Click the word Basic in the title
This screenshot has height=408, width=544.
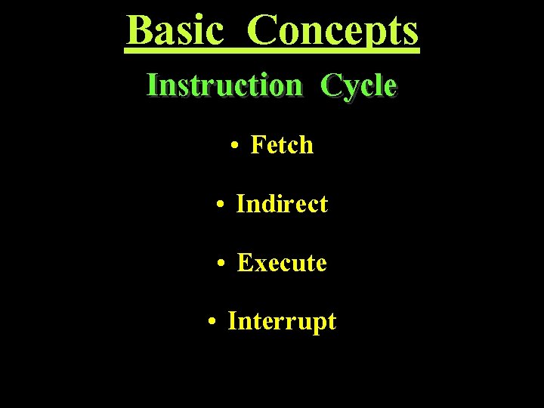[x=175, y=30]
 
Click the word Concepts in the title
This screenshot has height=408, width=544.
[x=332, y=32]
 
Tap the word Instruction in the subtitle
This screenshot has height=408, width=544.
[x=224, y=85]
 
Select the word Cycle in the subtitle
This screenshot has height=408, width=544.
[x=358, y=86]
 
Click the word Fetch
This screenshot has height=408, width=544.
[x=281, y=144]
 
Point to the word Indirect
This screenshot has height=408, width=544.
[x=282, y=203]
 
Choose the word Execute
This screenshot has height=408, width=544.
[x=282, y=263]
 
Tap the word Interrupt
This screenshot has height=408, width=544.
[x=282, y=322]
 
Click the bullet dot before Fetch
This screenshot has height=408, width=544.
[x=236, y=145]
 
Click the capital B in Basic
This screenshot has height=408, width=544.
[x=139, y=30]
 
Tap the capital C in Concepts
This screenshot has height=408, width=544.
[x=262, y=30]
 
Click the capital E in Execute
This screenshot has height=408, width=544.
[x=245, y=263]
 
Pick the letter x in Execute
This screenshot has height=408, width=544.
[x=260, y=265]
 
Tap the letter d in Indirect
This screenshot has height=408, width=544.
[x=265, y=203]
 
